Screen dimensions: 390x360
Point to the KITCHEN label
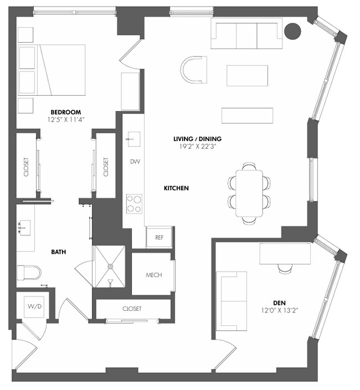coord(176,188)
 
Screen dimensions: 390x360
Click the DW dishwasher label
coord(134,162)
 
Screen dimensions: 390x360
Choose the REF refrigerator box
coord(160,237)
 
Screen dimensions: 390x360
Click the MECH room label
coord(153,275)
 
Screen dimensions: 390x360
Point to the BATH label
coord(59,252)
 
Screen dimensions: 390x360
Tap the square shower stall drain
coord(111,266)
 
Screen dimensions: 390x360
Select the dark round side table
coord(292,32)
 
